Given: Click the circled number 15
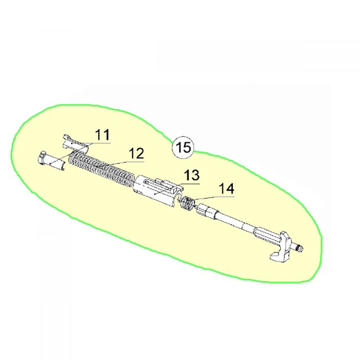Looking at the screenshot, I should pos(183,148).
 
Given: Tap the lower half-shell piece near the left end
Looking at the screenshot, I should pos(54,162).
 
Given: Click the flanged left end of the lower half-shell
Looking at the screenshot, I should pos(42,157).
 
